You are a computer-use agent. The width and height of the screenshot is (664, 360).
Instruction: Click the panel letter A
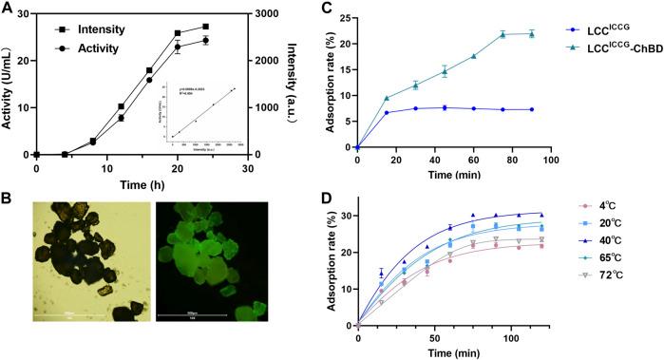pyautogui.click(x=8, y=8)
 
